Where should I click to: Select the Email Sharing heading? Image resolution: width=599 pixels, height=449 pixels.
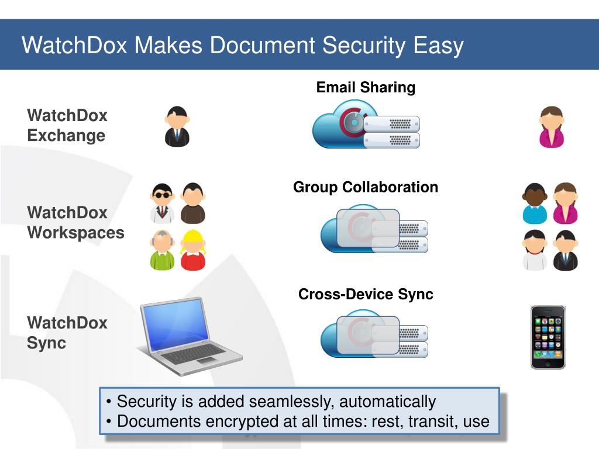point(366,88)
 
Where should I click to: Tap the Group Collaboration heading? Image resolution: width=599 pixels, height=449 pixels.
point(366,187)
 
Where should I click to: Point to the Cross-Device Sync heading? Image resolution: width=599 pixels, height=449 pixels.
point(366,294)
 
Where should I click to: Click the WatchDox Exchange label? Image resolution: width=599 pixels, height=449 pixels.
point(67,126)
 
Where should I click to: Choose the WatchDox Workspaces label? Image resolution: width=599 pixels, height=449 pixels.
point(75,223)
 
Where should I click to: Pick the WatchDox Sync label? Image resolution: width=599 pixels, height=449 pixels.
point(67,332)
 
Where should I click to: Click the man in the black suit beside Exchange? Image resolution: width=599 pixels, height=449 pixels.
point(177,126)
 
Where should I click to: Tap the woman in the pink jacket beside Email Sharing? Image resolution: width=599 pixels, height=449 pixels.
point(551,126)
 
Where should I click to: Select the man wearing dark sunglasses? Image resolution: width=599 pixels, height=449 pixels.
point(162,203)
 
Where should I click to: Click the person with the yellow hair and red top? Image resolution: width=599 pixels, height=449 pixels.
point(192,250)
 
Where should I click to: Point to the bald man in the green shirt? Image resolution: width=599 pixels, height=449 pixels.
point(162,250)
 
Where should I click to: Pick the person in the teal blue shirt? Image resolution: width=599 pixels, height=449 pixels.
point(535,203)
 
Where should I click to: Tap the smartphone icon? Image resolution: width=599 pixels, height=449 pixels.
point(548,337)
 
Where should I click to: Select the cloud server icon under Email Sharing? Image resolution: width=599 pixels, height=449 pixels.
point(366,125)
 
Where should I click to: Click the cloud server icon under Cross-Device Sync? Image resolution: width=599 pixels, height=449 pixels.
point(373,334)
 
